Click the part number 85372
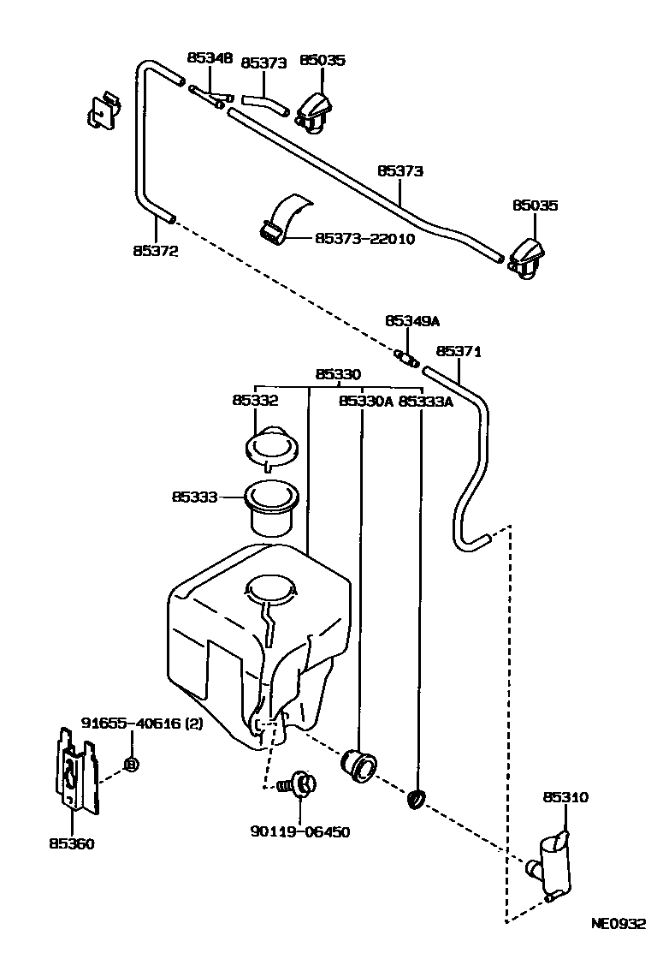pyautogui.click(x=156, y=251)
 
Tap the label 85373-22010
pyautogui.click(x=365, y=238)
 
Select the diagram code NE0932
pyautogui.click(x=618, y=923)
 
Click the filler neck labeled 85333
pyautogui.click(x=271, y=509)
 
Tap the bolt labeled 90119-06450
pyautogui.click(x=299, y=784)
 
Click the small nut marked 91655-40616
pyautogui.click(x=131, y=764)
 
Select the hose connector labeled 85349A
pyautogui.click(x=406, y=358)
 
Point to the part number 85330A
pyautogui.click(x=365, y=402)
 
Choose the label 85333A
pyautogui.click(x=425, y=402)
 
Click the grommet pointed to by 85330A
pyautogui.click(x=358, y=765)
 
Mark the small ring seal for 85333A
pyautogui.click(x=417, y=800)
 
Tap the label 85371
pyautogui.click(x=459, y=351)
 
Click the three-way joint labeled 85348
pyautogui.click(x=210, y=97)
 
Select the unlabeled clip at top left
pyautogui.click(x=104, y=110)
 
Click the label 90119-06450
pyautogui.click(x=300, y=831)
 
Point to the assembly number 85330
pyautogui.click(x=338, y=373)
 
